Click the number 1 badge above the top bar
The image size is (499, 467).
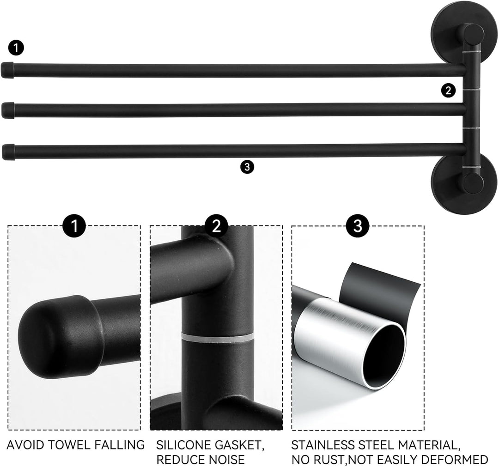point(16,49)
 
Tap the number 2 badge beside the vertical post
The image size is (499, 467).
point(448,91)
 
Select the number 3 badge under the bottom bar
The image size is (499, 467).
point(247,167)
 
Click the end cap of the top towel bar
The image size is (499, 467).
point(7,70)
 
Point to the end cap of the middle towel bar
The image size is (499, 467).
point(7,110)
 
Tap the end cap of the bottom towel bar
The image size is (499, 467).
point(8,152)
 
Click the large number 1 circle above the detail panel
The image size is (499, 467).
point(74,226)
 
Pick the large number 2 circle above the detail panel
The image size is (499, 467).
point(216,226)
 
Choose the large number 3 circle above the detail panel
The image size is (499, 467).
point(358,226)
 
